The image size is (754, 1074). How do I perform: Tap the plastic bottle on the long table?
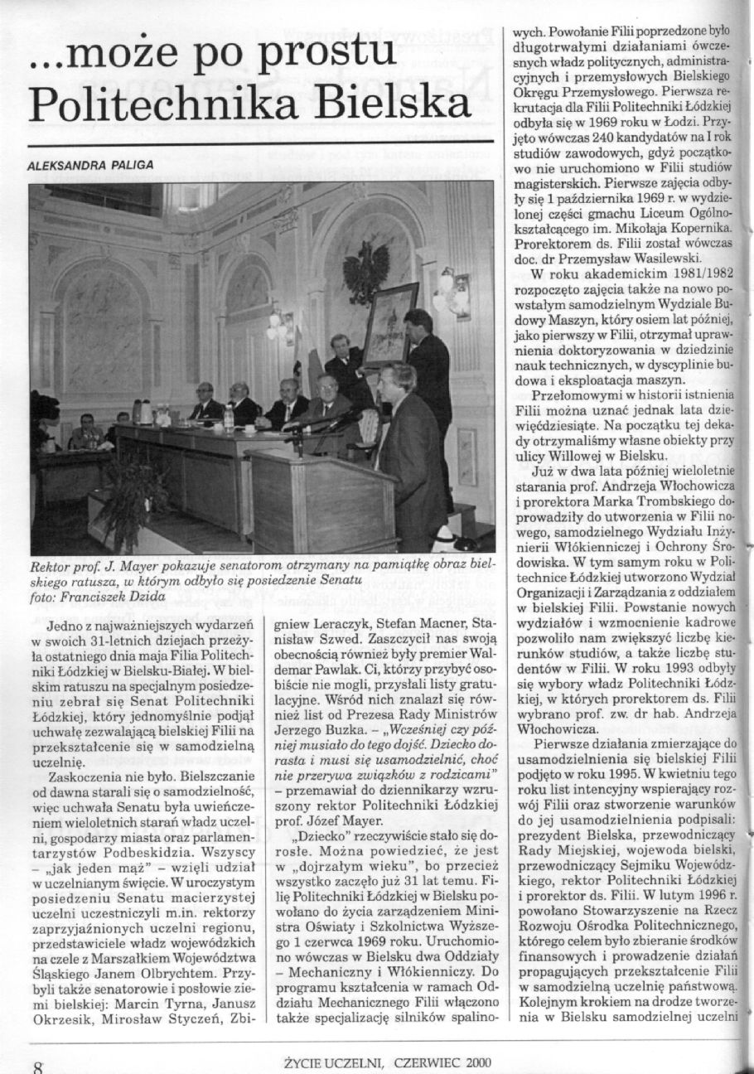click(229, 418)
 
